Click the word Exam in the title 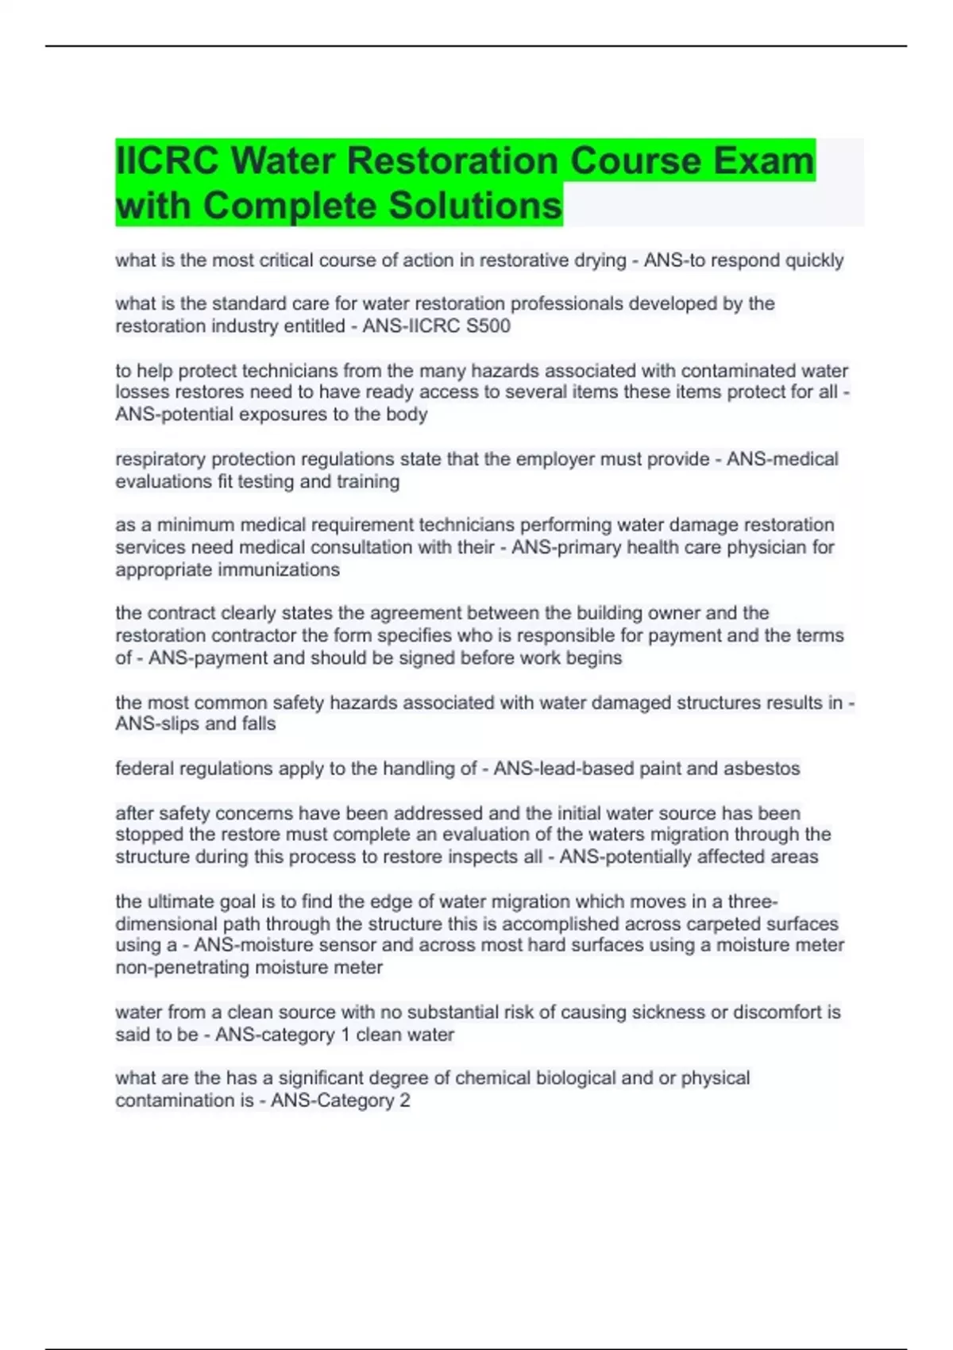tap(763, 160)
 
